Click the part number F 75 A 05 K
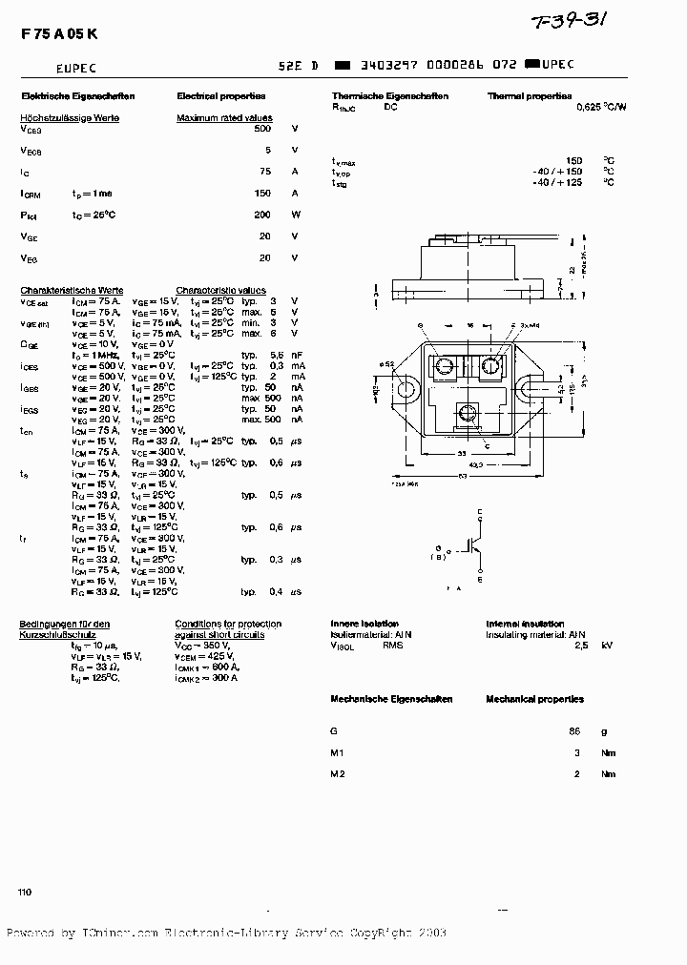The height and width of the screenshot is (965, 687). pyautogui.click(x=58, y=33)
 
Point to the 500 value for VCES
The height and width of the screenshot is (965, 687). pyautogui.click(x=262, y=128)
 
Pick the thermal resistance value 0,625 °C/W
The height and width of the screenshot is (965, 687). pyautogui.click(x=601, y=108)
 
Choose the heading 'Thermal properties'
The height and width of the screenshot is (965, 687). pyautogui.click(x=529, y=96)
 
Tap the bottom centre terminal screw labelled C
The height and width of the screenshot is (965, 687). pyautogui.click(x=468, y=412)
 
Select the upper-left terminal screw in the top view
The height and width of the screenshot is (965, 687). pyautogui.click(x=445, y=366)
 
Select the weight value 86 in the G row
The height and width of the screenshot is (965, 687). pyautogui.click(x=574, y=730)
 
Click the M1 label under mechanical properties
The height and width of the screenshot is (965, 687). pyautogui.click(x=338, y=752)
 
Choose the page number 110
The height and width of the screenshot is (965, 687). pyautogui.click(x=25, y=892)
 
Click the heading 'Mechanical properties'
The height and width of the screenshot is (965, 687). pyautogui.click(x=534, y=699)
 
